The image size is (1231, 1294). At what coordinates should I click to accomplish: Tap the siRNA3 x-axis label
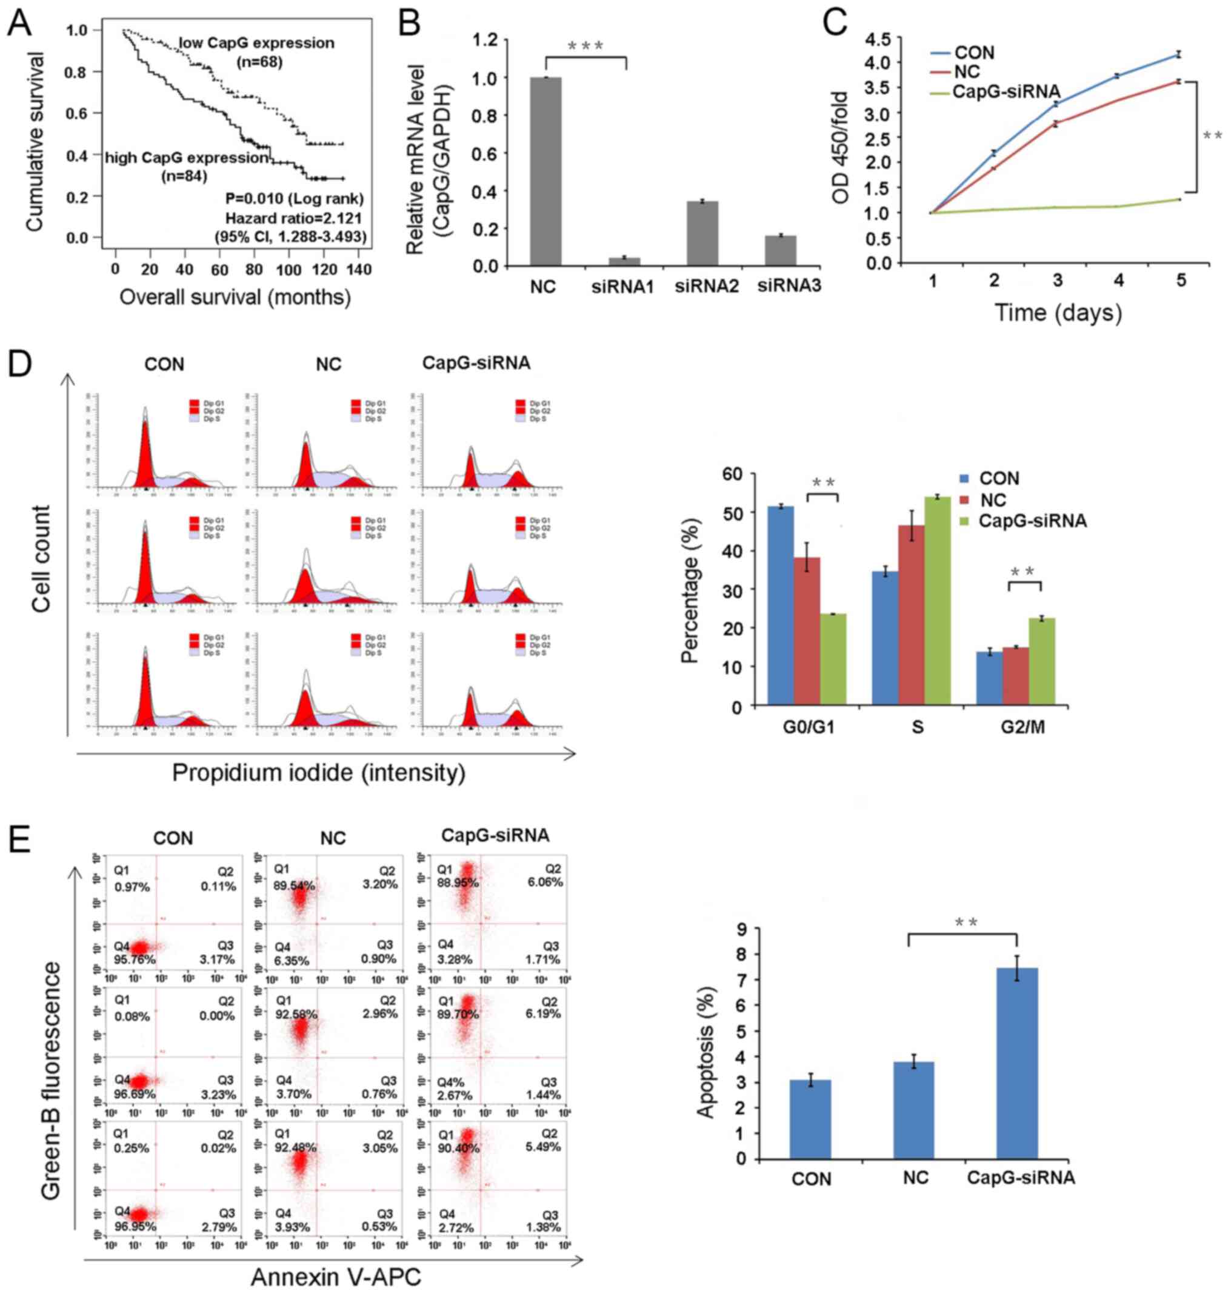(x=789, y=287)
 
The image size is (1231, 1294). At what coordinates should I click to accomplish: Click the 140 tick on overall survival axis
(x=359, y=270)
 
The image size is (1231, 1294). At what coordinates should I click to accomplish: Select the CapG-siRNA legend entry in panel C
(x=1006, y=92)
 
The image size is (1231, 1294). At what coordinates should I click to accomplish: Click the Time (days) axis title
(x=1058, y=312)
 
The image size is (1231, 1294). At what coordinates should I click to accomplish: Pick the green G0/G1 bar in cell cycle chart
(x=833, y=659)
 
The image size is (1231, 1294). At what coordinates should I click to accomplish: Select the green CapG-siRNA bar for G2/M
(x=1041, y=661)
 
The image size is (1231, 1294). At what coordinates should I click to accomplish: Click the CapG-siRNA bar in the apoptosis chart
(x=1017, y=1063)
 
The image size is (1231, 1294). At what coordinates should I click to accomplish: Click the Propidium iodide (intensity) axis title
(x=319, y=773)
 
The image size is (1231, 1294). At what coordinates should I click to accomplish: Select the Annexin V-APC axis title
(x=335, y=1277)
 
